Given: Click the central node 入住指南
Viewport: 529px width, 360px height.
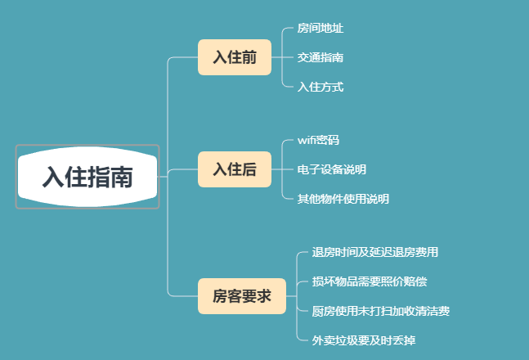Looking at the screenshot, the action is click(x=87, y=177).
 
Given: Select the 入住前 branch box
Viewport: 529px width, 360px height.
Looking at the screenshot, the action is click(x=235, y=57).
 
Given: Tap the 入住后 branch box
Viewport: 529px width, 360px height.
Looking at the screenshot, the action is click(x=235, y=169).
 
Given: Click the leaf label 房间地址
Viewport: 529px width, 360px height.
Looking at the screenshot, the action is click(x=320, y=29).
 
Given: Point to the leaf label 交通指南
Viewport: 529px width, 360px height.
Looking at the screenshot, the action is click(x=320, y=57).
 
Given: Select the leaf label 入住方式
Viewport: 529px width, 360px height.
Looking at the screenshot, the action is click(x=320, y=86).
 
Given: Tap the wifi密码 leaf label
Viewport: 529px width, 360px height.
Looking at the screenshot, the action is click(x=318, y=140).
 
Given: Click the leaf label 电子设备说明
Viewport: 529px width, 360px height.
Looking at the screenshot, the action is click(x=331, y=169).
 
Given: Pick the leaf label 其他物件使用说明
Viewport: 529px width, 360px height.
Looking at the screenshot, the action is click(x=343, y=198).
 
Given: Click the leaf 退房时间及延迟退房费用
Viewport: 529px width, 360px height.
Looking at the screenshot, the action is click(x=380, y=252).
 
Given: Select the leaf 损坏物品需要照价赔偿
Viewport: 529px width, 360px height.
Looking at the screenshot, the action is click(x=369, y=281).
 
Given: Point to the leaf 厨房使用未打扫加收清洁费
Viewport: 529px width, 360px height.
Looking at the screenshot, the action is click(x=380, y=311).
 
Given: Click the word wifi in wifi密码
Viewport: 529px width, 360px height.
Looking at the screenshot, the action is click(x=307, y=140).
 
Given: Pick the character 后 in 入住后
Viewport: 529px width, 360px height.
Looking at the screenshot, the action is click(x=249, y=169).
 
